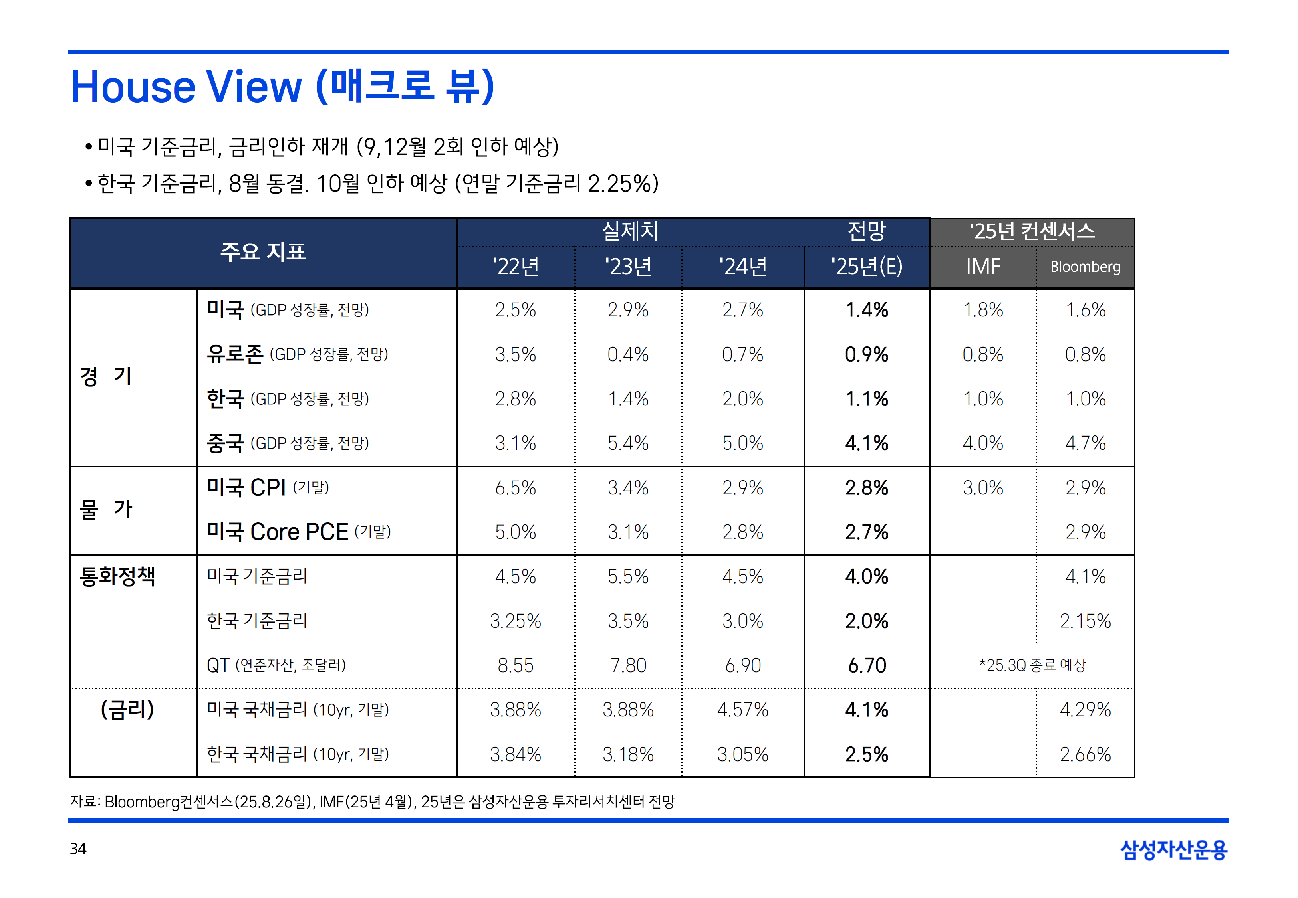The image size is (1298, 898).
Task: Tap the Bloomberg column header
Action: click(1085, 267)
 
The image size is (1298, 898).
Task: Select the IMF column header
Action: click(983, 267)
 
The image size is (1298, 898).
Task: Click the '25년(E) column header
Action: click(866, 267)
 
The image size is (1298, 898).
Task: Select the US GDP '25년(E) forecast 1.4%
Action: click(866, 310)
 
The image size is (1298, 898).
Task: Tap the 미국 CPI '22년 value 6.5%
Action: click(515, 488)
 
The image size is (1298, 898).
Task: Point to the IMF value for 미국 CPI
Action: click(983, 488)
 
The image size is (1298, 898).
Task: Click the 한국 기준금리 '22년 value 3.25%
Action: click(515, 621)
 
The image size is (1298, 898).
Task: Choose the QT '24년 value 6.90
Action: click(742, 666)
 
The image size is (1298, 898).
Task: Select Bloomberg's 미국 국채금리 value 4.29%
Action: click(1085, 710)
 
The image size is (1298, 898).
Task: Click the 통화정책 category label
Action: click(117, 577)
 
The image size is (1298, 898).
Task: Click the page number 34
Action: click(78, 849)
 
